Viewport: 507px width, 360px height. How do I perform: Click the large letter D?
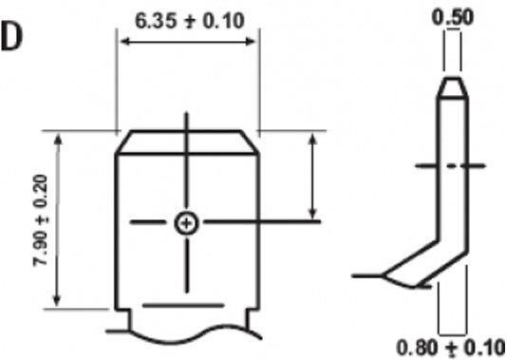click(x=11, y=37)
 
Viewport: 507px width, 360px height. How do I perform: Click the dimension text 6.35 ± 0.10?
click(x=189, y=21)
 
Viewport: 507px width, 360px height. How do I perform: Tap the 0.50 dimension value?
click(x=453, y=17)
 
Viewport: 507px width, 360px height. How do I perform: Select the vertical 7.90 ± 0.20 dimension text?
click(x=41, y=220)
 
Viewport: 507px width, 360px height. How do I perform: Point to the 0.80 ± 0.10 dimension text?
click(x=451, y=348)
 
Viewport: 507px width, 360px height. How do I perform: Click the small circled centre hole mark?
click(x=186, y=223)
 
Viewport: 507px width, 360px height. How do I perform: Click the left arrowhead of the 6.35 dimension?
click(x=125, y=42)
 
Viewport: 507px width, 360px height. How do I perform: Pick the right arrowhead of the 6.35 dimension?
click(x=250, y=42)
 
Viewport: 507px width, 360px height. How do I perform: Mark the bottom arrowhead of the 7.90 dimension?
click(x=57, y=300)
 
